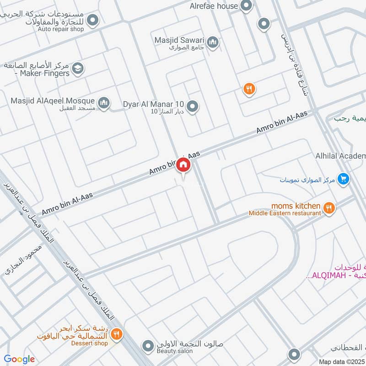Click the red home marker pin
click(183, 165)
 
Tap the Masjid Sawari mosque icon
click(212, 43)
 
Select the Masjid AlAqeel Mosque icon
click(104, 102)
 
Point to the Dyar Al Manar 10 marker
click(193, 106)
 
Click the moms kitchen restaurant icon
click(328, 209)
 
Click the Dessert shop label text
click(91, 343)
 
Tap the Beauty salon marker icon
click(148, 346)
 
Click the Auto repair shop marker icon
click(93, 20)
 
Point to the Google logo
click(19, 359)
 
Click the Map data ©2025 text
click(342, 361)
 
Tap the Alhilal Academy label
click(340, 156)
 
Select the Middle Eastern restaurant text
click(284, 213)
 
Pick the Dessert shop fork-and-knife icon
click(117, 335)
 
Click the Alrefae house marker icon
click(247, 6)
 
